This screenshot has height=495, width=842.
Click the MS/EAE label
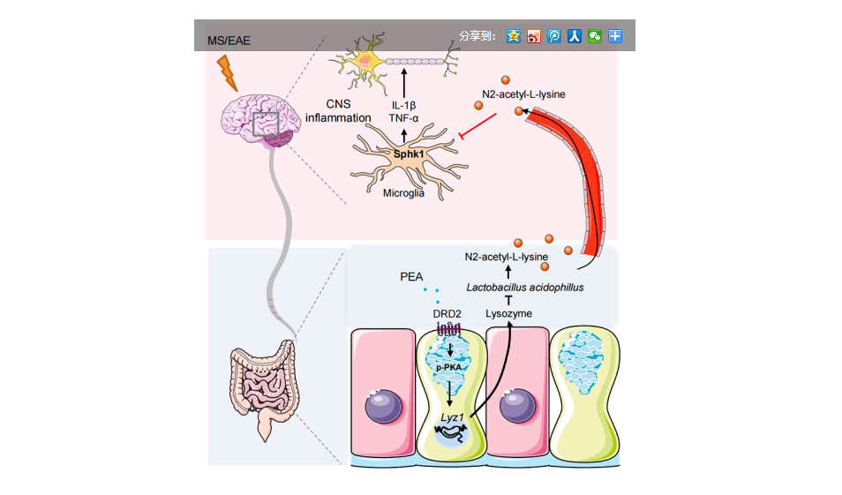[x=229, y=41]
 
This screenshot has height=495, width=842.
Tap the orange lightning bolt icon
[x=228, y=73]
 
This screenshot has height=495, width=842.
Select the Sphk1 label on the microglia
[x=409, y=154]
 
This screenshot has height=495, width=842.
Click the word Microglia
[x=403, y=193]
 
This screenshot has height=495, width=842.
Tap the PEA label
[x=411, y=277]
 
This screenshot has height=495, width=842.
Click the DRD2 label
[x=447, y=313]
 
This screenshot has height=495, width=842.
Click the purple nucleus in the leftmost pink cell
[x=384, y=409]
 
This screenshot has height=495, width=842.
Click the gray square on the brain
[x=266, y=124]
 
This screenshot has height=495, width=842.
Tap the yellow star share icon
[x=513, y=36]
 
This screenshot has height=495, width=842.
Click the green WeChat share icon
[x=595, y=36]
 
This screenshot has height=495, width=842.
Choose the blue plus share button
[x=615, y=36]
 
